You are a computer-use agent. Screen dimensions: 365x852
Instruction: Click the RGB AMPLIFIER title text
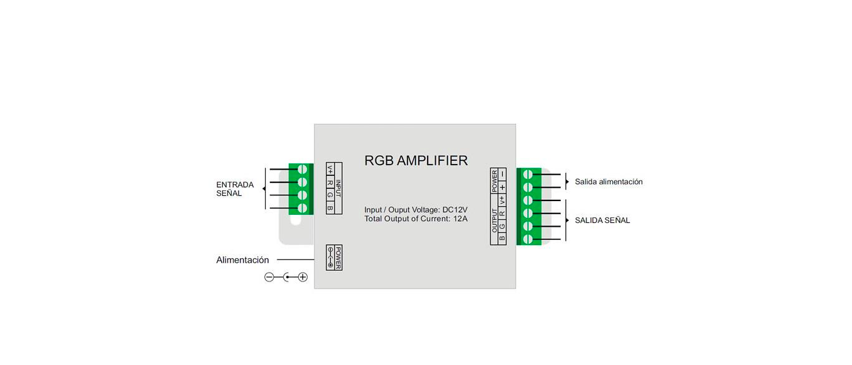point(416,161)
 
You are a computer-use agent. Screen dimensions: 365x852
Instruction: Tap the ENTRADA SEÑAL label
point(234,189)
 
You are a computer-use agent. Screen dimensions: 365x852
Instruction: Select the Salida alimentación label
point(608,182)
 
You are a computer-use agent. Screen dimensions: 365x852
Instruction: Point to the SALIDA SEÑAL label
point(602,221)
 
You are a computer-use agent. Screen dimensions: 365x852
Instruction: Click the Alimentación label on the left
point(242,260)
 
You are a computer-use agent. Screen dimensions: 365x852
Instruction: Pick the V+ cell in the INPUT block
point(330,169)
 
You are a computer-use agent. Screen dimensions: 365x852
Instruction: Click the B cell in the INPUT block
point(330,207)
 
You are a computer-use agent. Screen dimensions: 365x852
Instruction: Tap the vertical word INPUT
point(338,188)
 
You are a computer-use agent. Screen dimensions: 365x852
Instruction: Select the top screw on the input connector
point(302,170)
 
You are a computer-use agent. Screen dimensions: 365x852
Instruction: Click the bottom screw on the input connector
point(302,208)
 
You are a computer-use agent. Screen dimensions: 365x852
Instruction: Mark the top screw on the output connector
point(527,174)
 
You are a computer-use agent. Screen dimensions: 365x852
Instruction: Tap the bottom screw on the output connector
point(527,239)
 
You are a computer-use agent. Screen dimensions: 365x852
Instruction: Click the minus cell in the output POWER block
point(502,174)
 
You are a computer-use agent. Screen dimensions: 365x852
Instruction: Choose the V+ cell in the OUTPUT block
point(502,200)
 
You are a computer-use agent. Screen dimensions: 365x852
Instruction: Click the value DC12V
point(455,210)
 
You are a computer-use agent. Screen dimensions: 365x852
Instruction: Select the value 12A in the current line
point(460,219)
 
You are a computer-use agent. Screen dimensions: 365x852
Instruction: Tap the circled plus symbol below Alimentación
point(303,277)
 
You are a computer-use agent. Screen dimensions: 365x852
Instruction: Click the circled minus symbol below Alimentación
point(269,277)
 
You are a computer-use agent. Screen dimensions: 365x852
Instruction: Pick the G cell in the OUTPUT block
point(502,226)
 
